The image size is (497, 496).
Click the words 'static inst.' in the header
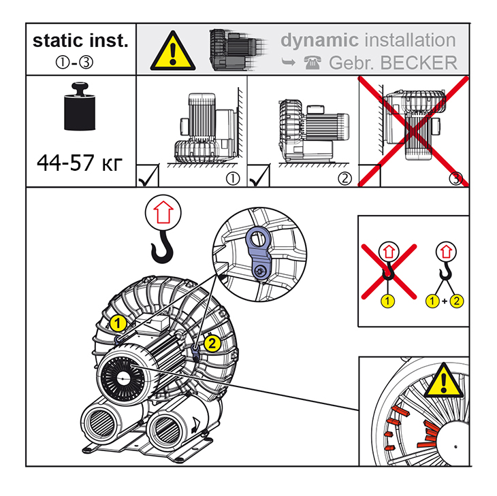pyautogui.click(x=80, y=40)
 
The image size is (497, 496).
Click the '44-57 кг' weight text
pyautogui.click(x=81, y=163)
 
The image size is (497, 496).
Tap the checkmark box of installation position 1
pyautogui.click(x=148, y=176)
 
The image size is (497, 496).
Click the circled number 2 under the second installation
pyautogui.click(x=345, y=179)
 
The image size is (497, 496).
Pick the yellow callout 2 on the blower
pyautogui.click(x=211, y=343)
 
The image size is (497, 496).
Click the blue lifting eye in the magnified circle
pyautogui.click(x=258, y=250)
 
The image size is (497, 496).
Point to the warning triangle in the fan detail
pyautogui.click(x=443, y=382)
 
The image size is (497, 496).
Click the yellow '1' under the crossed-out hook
pyautogui.click(x=388, y=300)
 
